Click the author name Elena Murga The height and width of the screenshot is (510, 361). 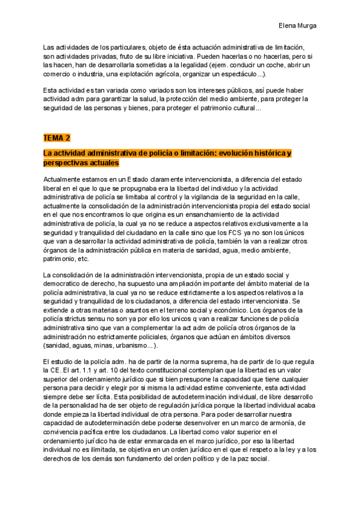tap(299, 26)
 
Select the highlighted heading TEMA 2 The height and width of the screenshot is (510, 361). tap(57, 138)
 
